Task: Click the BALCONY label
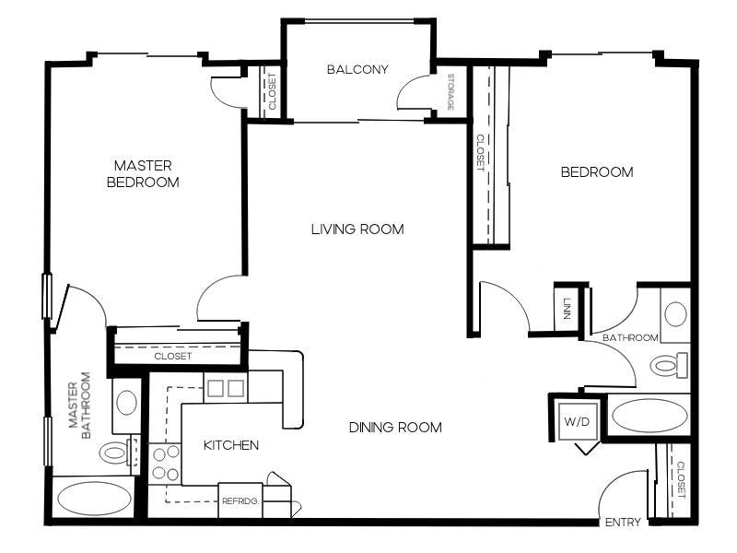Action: coord(357,69)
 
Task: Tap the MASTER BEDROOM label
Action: coord(143,173)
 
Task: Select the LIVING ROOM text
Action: coord(357,229)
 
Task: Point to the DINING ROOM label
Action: coord(395,427)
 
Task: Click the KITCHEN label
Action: coord(230,445)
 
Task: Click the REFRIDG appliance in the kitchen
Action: coord(240,501)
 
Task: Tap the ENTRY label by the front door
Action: coord(623,523)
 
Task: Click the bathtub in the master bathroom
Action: coord(94,499)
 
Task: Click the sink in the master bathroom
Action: coord(126,403)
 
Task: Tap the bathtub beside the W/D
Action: coord(649,415)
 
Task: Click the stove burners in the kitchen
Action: coord(164,463)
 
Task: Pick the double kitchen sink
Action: coord(226,388)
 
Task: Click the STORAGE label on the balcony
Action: coord(451,92)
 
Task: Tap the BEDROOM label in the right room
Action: coord(597,171)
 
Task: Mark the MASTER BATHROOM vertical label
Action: coord(80,405)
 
